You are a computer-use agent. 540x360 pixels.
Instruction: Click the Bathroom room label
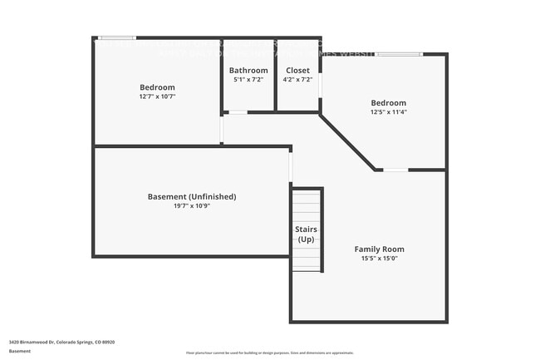click(x=248, y=70)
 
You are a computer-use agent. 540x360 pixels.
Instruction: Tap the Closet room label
click(x=298, y=70)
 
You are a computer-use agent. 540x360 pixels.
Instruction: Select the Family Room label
click(x=379, y=249)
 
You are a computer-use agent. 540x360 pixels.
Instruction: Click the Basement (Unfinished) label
click(x=192, y=196)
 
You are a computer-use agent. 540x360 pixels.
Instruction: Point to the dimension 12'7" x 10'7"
click(x=157, y=96)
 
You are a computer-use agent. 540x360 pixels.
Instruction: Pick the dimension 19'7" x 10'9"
click(x=192, y=205)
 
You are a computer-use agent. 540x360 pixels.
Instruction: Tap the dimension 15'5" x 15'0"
click(x=379, y=258)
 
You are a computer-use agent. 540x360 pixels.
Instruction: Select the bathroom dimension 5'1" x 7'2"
click(x=248, y=80)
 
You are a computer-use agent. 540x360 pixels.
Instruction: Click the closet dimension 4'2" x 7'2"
click(x=298, y=80)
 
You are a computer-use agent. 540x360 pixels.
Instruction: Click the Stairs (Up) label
click(x=306, y=234)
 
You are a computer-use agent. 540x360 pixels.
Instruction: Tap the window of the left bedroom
click(x=117, y=37)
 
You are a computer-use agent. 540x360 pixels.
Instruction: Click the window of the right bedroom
click(x=399, y=55)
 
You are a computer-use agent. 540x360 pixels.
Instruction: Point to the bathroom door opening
click(x=238, y=111)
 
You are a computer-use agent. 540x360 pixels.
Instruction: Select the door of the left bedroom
click(x=221, y=129)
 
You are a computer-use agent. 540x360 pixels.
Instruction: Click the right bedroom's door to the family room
click(x=395, y=170)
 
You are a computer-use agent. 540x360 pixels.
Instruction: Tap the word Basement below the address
click(x=20, y=351)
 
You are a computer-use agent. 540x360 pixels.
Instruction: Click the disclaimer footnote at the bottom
click(x=269, y=353)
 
